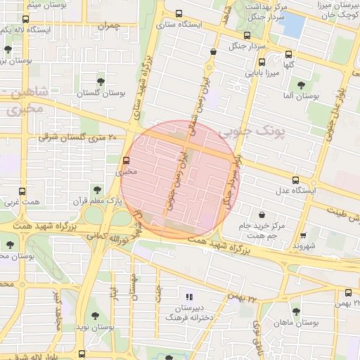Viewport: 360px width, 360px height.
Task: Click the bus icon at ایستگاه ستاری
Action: click(179, 13)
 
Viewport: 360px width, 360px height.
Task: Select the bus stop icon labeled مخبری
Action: click(127, 160)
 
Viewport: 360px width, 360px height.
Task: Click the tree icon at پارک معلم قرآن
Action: click(96, 189)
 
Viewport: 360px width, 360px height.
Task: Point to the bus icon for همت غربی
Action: click(22, 191)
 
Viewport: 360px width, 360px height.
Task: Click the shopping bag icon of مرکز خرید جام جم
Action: click(262, 214)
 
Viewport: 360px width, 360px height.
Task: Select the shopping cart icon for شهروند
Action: click(303, 236)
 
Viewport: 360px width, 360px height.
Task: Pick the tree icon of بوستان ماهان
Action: click(295, 310)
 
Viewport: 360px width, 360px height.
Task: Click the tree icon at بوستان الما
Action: click(301, 84)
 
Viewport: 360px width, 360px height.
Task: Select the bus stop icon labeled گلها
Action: click(288, 54)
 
